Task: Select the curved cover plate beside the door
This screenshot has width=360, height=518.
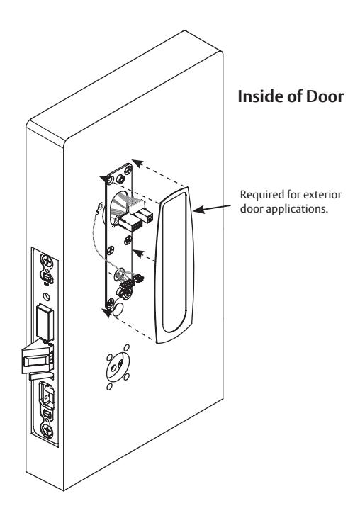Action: pyautogui.click(x=175, y=265)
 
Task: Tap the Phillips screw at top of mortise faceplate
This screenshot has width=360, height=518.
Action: pyautogui.click(x=47, y=261)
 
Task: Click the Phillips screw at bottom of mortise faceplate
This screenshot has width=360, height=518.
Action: pyautogui.click(x=47, y=429)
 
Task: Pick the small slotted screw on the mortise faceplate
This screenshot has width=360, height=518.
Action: pyautogui.click(x=47, y=296)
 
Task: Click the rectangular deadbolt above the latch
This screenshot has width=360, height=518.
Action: pyautogui.click(x=45, y=322)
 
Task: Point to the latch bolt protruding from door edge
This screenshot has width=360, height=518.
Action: pyautogui.click(x=36, y=359)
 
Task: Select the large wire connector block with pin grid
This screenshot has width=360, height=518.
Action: pyautogui.click(x=130, y=222)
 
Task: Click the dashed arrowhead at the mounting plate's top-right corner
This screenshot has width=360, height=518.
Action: pyautogui.click(x=137, y=163)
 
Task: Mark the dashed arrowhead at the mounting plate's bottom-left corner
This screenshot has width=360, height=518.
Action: pyautogui.click(x=106, y=312)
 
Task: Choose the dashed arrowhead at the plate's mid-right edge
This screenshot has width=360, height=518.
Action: pyautogui.click(x=138, y=254)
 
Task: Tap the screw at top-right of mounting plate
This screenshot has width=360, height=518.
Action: pyautogui.click(x=127, y=170)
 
